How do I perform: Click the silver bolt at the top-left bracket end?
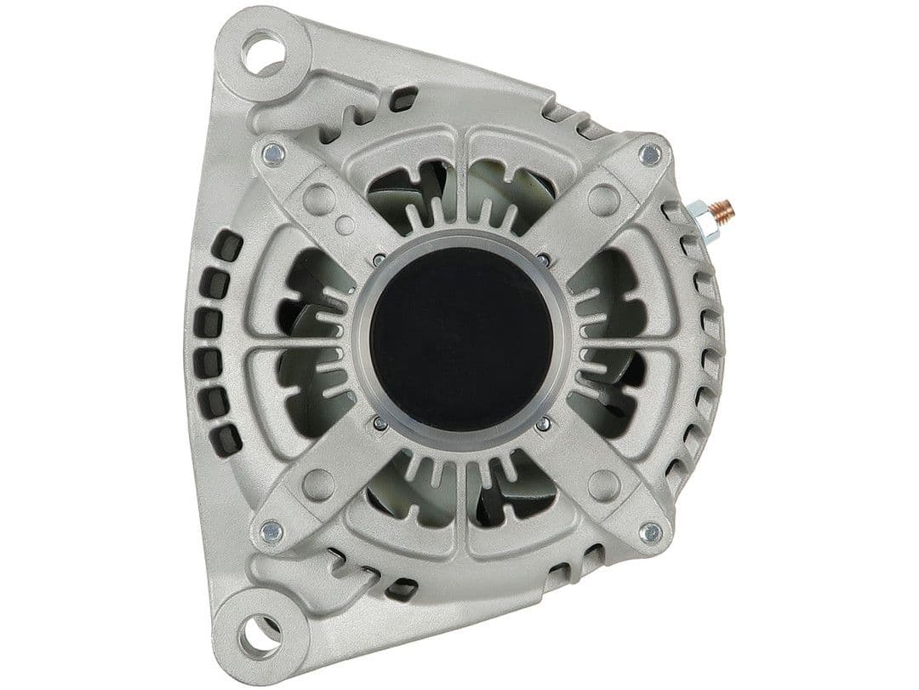click(x=273, y=154)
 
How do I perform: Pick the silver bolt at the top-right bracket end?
click(x=650, y=154)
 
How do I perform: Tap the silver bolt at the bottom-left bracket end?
click(x=272, y=532)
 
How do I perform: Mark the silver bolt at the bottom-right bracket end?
click(x=651, y=533)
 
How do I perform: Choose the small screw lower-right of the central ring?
click(x=543, y=423)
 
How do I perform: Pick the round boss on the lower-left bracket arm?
click(x=319, y=485)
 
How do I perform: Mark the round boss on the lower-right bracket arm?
click(x=603, y=485)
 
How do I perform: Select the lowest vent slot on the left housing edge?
click(x=226, y=439)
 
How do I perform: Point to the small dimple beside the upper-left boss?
click(x=345, y=226)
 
